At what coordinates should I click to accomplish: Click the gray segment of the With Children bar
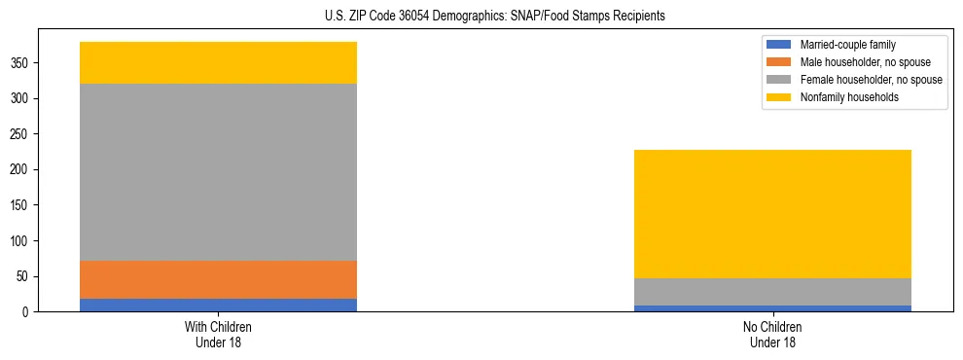(218, 172)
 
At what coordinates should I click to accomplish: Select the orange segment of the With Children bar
(218, 279)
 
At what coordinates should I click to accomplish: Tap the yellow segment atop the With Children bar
(218, 62)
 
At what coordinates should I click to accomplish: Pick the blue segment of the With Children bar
(218, 305)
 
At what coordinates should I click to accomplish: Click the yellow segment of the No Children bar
(772, 214)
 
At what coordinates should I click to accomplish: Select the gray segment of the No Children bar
(772, 292)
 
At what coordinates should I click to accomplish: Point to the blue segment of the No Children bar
(772, 308)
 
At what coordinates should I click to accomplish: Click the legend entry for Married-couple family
(847, 45)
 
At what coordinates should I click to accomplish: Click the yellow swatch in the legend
(780, 97)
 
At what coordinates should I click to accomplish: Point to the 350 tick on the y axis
(20, 63)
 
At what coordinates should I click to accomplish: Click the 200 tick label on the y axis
(20, 170)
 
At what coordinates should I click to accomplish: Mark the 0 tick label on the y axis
(27, 312)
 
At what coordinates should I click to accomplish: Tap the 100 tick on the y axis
(20, 241)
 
